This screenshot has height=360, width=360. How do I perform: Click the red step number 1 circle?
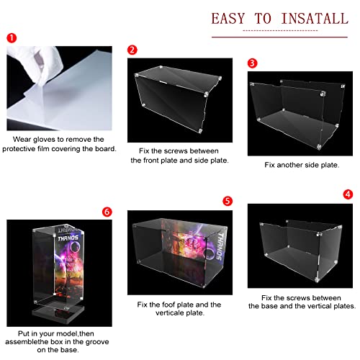[x=12, y=38]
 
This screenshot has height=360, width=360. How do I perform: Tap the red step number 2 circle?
[x=132, y=50]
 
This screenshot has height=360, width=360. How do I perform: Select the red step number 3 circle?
[x=252, y=63]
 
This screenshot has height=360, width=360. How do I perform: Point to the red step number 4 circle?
[x=348, y=194]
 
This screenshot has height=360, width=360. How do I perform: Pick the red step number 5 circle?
[x=228, y=201]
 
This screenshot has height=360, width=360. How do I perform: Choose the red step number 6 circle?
[x=107, y=212]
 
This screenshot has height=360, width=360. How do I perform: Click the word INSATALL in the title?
[x=315, y=19]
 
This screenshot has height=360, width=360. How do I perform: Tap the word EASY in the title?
[x=228, y=19]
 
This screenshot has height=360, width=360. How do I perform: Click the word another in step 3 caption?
[x=289, y=165]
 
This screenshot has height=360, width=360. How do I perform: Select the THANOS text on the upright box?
[x=68, y=238]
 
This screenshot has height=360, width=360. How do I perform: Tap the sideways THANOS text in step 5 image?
[x=219, y=246]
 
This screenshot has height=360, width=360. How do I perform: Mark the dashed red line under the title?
[x=280, y=30]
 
